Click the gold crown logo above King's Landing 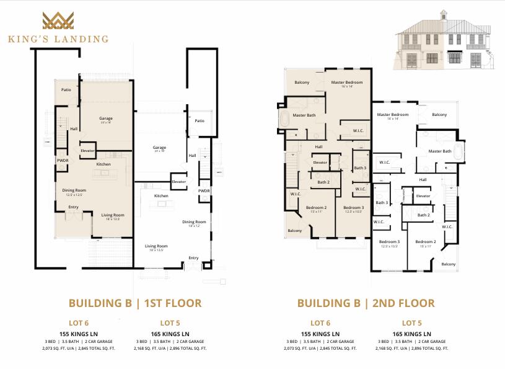(58, 21)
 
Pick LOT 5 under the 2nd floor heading (412, 323)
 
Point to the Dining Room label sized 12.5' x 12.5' (74, 190)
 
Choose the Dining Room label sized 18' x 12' (194, 222)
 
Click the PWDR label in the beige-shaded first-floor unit (63, 159)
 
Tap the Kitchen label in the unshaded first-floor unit (161, 196)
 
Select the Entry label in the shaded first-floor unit (74, 207)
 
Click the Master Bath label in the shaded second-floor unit (304, 115)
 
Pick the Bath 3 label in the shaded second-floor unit (360, 168)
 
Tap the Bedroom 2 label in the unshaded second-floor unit (426, 241)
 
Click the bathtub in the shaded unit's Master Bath (284, 119)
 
